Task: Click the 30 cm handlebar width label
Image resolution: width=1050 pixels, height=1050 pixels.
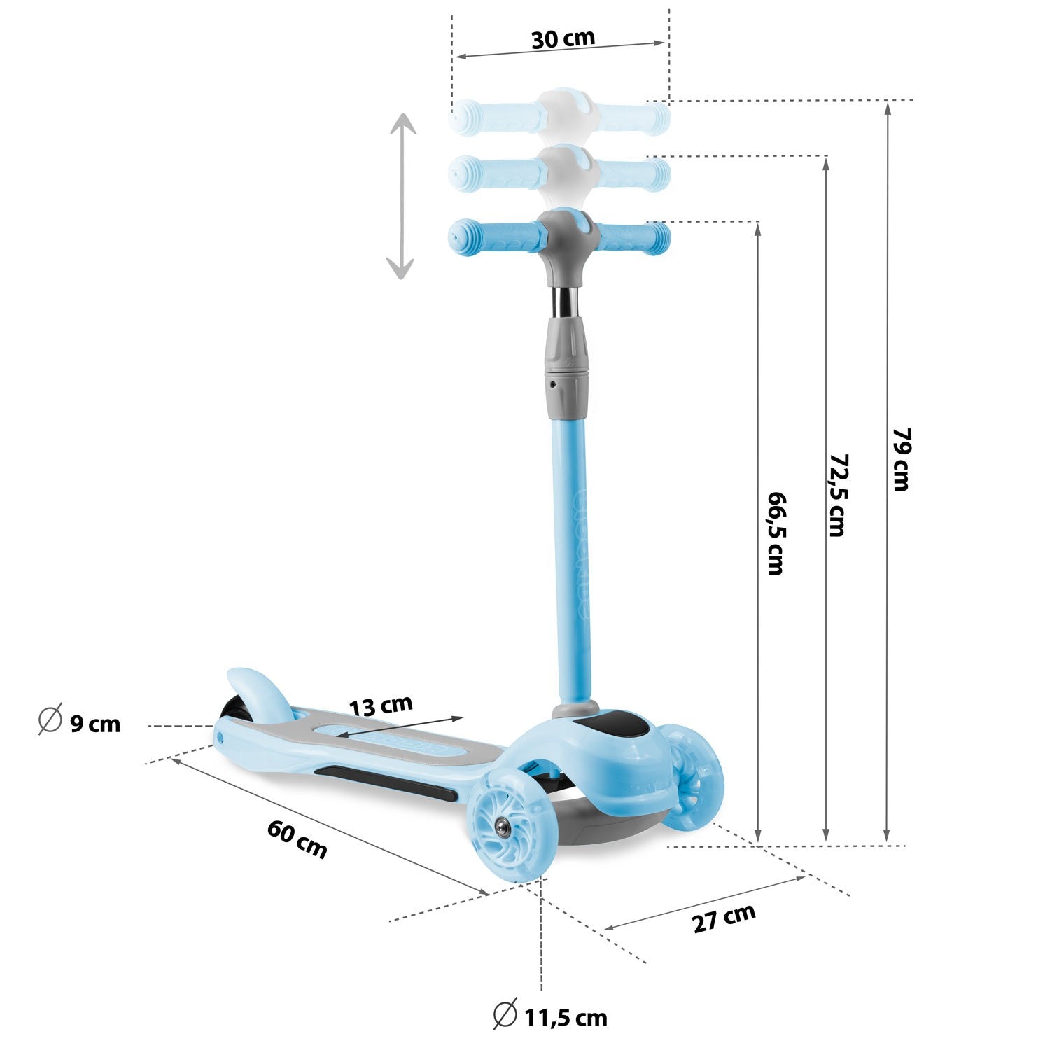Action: (563, 38)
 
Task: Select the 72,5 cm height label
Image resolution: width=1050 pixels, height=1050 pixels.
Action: (837, 494)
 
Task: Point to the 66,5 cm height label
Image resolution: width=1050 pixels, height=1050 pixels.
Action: (776, 533)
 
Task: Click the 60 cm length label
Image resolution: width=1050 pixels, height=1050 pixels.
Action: (297, 839)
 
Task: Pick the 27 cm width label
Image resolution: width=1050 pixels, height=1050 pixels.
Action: (724, 918)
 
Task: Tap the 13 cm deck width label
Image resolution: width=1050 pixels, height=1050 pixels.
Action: (381, 706)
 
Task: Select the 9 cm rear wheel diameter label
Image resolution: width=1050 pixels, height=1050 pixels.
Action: (95, 723)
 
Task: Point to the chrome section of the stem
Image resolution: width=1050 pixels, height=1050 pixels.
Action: (566, 300)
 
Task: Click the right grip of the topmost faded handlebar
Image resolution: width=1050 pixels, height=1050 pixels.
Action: (633, 117)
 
